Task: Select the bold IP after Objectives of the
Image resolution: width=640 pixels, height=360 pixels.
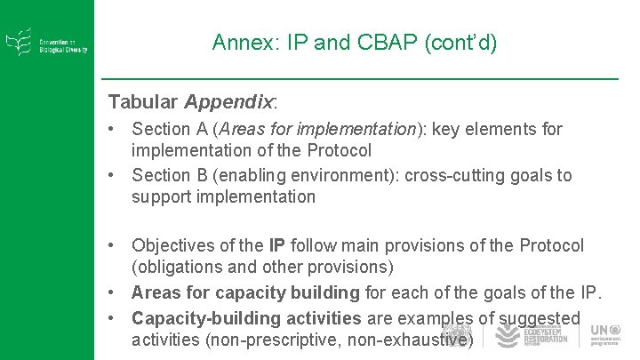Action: [276, 245]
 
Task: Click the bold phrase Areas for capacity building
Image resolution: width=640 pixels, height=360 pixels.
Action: [245, 292]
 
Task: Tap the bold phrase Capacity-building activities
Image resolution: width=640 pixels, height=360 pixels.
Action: [246, 318]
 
